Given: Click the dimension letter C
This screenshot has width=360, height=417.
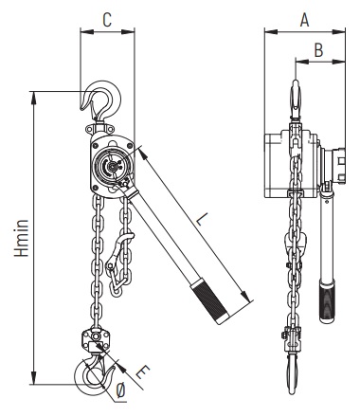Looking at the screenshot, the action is coord(107,20).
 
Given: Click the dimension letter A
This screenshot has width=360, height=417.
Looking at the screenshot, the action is coord(304,20).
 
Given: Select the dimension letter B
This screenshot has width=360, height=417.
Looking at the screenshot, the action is coord(319,50).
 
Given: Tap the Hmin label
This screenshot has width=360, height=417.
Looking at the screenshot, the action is coord(22,238).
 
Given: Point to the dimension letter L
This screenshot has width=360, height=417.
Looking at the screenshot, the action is coord(202,219).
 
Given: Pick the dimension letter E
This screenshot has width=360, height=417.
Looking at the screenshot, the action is coord(142,372).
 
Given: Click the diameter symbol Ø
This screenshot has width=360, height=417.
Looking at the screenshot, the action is coord(120,391).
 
